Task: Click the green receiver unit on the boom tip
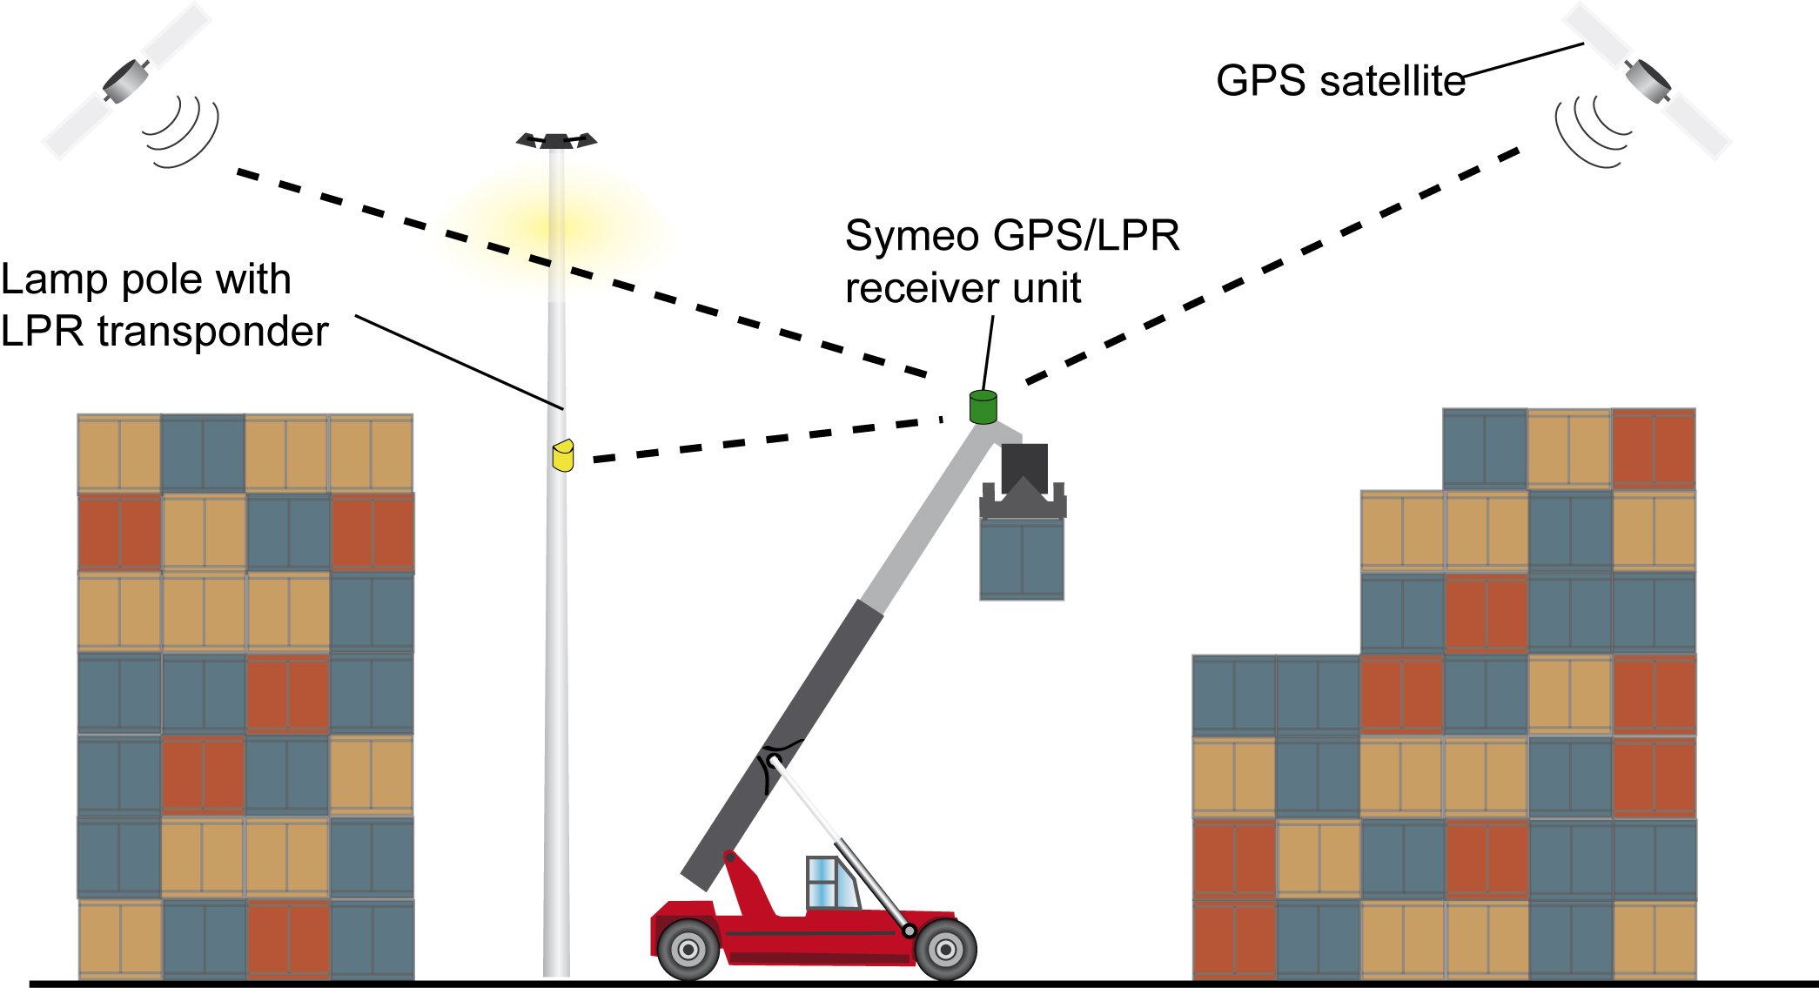(x=983, y=407)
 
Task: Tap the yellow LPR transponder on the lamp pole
(x=563, y=455)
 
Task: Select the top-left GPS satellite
(x=127, y=81)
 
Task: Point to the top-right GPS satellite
(x=1648, y=81)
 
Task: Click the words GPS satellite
(x=1340, y=81)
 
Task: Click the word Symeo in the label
(x=912, y=237)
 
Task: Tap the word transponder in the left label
(x=213, y=332)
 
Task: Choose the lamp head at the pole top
(x=557, y=140)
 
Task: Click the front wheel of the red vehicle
(x=945, y=950)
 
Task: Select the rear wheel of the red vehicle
(x=688, y=950)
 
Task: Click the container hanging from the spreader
(x=1022, y=559)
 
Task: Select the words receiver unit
(x=963, y=288)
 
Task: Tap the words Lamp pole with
(x=145, y=279)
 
